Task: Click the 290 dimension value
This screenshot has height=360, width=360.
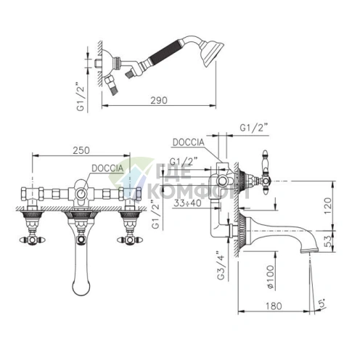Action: point(159,100)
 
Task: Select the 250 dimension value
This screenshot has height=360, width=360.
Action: point(81,150)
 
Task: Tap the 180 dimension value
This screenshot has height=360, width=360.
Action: point(274,306)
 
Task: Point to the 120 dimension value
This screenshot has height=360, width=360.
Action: point(327,205)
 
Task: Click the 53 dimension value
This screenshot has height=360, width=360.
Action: point(327,241)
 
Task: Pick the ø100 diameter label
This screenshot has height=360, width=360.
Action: point(270,277)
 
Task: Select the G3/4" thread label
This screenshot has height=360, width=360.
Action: point(221,264)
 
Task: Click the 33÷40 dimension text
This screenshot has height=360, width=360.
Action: point(187,203)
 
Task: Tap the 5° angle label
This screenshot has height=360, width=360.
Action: point(322,303)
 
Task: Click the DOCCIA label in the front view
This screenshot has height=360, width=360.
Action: point(107,168)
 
